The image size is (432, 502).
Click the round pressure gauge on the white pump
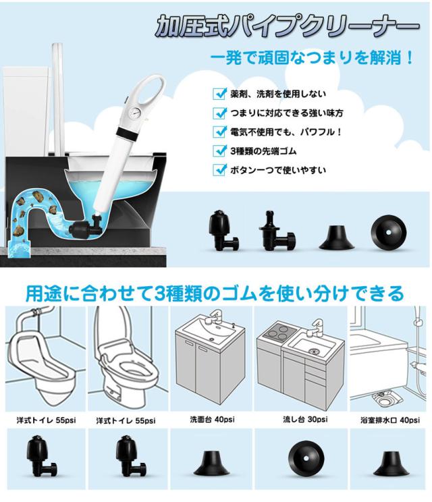[x=134, y=113]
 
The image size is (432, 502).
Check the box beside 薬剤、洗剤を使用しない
[x=219, y=94]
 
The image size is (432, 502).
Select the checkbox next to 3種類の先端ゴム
[x=219, y=150]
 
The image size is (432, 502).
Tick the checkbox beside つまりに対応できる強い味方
[x=219, y=113]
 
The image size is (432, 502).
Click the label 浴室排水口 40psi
[x=389, y=420]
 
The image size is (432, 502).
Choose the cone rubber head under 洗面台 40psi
[x=213, y=462]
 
